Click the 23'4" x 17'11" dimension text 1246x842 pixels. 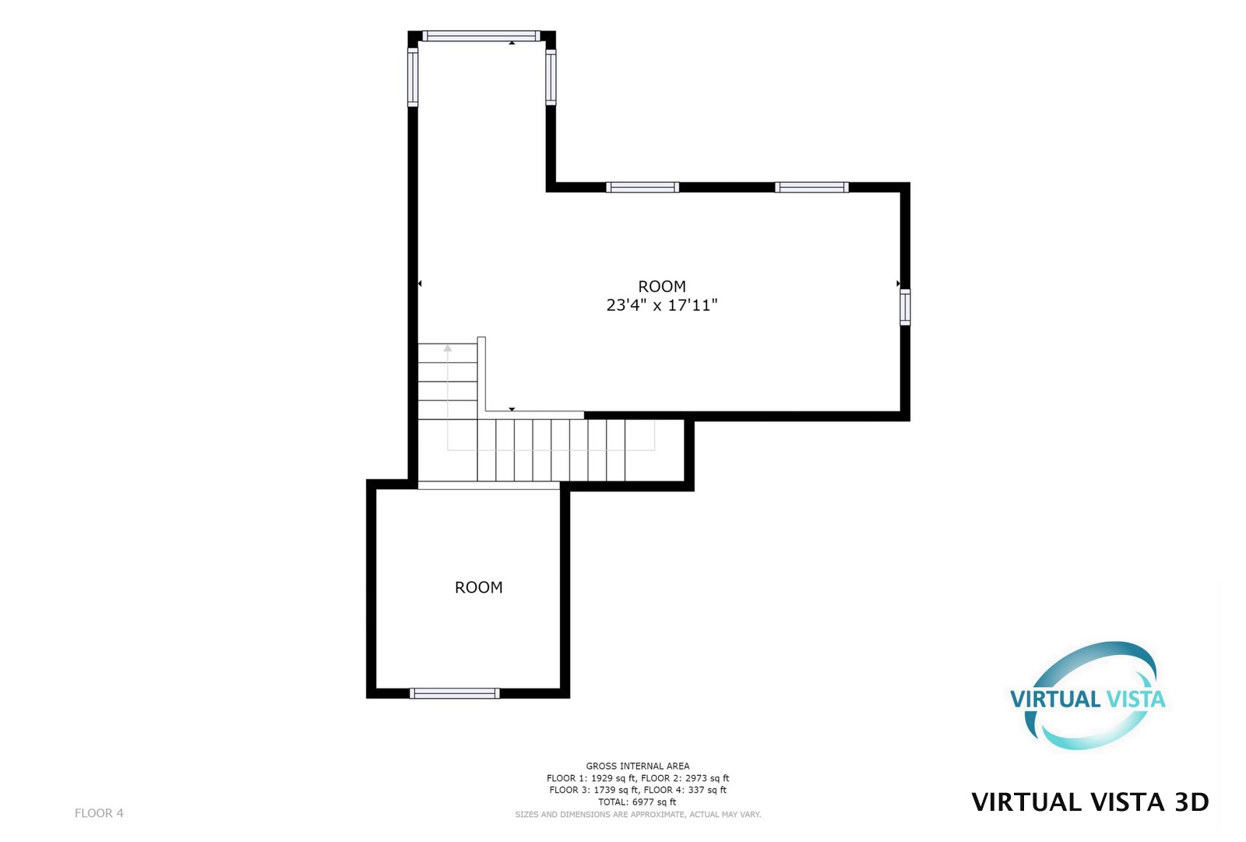[662, 305]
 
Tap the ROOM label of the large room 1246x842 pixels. [662, 286]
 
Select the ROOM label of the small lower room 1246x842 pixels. [479, 587]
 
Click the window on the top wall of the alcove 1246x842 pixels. [481, 36]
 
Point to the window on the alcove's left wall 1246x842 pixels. [413, 77]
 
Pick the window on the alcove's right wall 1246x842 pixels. [551, 77]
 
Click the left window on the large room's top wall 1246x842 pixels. [642, 188]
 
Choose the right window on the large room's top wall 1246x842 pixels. [811, 188]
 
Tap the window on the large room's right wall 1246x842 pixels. [905, 307]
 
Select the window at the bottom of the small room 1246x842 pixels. [455, 693]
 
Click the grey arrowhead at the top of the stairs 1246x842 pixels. [447, 348]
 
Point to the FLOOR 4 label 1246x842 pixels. [99, 813]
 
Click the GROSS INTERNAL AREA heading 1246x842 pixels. [638, 766]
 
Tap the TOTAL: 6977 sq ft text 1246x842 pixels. [638, 802]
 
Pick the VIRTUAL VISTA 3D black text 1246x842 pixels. [1090, 802]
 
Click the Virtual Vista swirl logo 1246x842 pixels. [1088, 696]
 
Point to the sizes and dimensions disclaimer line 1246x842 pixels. [638, 814]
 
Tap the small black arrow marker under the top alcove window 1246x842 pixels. [512, 43]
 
